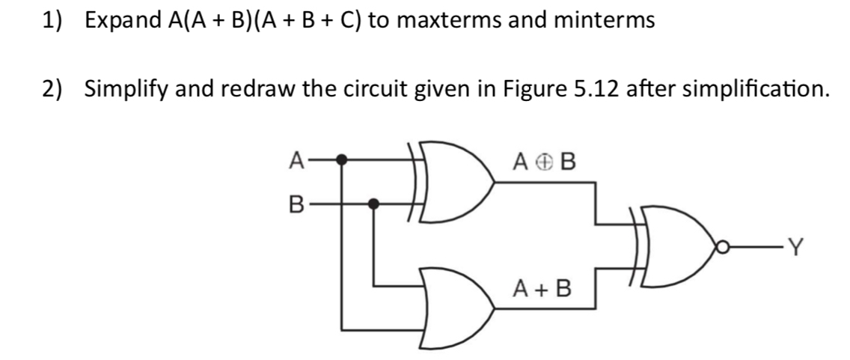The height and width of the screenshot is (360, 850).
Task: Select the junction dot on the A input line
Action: [x=342, y=159]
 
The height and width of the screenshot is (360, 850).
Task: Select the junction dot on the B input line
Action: [x=375, y=203]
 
